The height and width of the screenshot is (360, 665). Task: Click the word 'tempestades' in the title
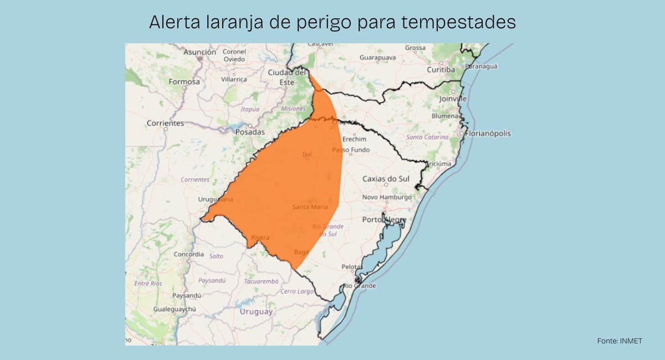point(459,22)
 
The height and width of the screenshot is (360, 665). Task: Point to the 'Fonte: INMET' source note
point(620,341)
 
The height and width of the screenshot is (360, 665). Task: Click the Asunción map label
point(199,52)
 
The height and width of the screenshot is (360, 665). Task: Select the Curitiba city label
point(441,70)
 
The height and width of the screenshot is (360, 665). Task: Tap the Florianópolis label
point(488,133)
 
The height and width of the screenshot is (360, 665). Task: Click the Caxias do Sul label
point(386,178)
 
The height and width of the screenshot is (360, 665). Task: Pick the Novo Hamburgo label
point(387,197)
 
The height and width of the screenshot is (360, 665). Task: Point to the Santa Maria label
point(310,207)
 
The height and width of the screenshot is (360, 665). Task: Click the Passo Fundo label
point(351,150)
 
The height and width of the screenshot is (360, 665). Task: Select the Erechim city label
point(354,139)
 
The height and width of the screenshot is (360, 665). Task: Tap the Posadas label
point(250,132)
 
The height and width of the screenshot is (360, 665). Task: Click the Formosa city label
point(184,81)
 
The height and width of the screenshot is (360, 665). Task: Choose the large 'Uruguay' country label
point(256,312)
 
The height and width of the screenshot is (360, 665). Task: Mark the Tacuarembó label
point(261,281)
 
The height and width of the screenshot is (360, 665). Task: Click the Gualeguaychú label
point(175,308)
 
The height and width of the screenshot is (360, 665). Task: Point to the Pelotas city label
point(351,267)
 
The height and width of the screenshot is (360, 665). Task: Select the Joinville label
point(453,99)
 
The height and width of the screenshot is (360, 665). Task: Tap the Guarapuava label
point(377,58)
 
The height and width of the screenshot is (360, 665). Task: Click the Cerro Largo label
point(296,291)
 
